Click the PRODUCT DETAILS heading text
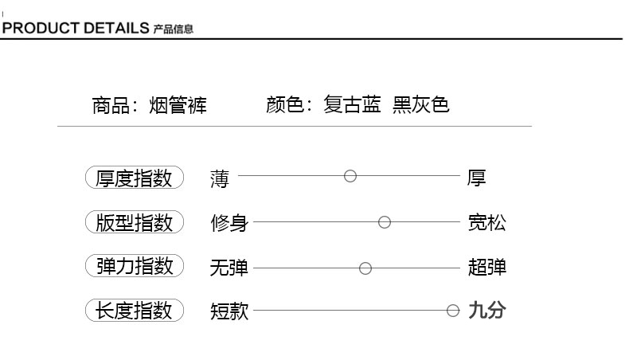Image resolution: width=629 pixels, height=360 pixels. pos(76,29)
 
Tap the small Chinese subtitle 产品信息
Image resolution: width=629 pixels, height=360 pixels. pos(173,29)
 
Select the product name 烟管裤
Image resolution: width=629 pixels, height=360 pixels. pos(178,105)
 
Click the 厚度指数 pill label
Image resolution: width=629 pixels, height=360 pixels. pos(134,178)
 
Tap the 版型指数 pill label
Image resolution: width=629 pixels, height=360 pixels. pos(134,222)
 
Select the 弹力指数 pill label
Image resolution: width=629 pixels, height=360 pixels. pos(134,266)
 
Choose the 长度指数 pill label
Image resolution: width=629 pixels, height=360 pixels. pos(134,310)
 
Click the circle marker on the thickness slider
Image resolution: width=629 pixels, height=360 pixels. pos(350,176)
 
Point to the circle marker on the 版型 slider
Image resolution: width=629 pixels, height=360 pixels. pos(385,222)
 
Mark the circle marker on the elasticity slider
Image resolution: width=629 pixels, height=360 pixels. pos(365,268)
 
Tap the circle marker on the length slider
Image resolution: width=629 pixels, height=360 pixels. pos(453,311)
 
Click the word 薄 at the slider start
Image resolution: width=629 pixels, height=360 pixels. pos(219,178)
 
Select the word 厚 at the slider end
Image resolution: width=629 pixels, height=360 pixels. pos(476,178)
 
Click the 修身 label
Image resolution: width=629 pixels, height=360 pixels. pos(229,223)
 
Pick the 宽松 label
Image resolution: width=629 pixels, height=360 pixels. pos(486,222)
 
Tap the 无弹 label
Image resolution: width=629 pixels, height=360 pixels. pos(229,268)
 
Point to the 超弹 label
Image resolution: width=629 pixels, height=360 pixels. pos(486,267)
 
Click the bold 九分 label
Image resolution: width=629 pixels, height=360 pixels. pos(486,310)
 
